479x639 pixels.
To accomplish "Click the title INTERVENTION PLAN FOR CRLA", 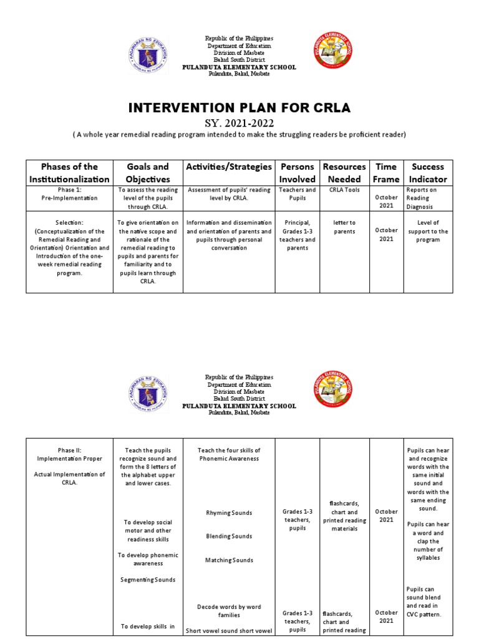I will (239, 108).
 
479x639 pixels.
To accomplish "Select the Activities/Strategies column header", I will (229, 167).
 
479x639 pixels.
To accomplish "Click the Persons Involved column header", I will (298, 173).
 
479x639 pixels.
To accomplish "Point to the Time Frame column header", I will (385, 173).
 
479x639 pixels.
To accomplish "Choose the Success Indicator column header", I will (428, 173).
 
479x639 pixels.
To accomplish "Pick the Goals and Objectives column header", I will (148, 173).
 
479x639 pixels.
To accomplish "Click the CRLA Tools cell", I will (344, 190).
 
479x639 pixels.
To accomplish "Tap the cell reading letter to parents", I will (344, 227).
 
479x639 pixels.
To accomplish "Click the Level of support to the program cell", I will (428, 231).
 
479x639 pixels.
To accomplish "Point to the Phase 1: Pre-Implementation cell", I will (69, 193).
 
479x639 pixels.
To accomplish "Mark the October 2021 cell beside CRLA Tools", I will (386, 202).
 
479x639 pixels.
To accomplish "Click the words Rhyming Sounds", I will (229, 513).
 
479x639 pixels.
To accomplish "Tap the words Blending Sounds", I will (229, 537).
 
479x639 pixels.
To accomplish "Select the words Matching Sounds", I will (229, 560).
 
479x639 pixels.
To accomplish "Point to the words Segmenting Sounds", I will (148, 580).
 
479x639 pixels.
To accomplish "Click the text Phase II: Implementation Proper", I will (69, 454).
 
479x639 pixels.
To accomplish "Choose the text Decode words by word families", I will (229, 611).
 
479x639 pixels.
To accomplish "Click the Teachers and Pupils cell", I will (298, 193).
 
